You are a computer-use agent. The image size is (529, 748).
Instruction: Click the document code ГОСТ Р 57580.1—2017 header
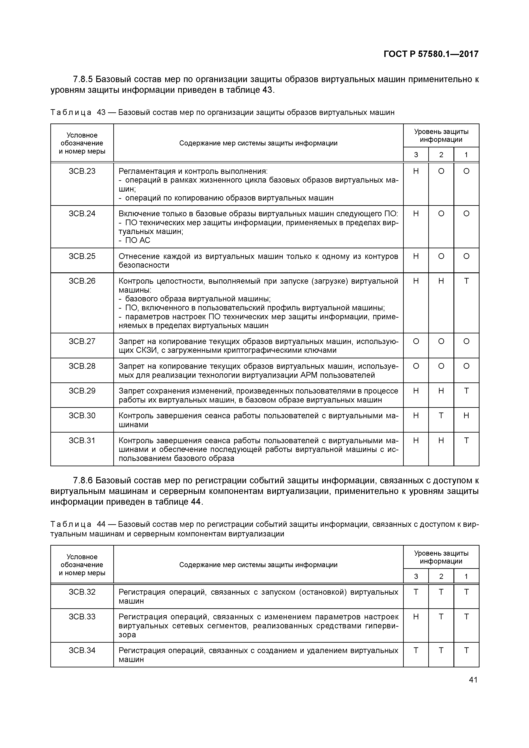point(431,54)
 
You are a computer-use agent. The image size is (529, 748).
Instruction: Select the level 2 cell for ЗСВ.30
point(441,416)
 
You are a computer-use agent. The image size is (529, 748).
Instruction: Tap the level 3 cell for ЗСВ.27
point(416,341)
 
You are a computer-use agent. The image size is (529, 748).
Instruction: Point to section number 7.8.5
point(83,79)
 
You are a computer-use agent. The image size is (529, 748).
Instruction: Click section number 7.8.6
point(83,481)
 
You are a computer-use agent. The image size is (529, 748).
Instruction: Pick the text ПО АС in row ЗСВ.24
point(134,240)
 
